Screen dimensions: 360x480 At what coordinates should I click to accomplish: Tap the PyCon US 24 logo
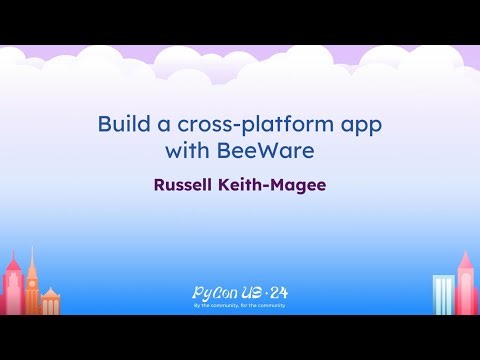pos(239,293)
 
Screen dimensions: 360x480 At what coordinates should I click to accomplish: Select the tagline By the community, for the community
pos(239,304)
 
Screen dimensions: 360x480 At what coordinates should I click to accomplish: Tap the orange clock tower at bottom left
pos(31,280)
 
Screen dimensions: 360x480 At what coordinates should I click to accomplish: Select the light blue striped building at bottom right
pos(443,295)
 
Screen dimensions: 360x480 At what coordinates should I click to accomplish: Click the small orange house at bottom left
pos(50,301)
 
